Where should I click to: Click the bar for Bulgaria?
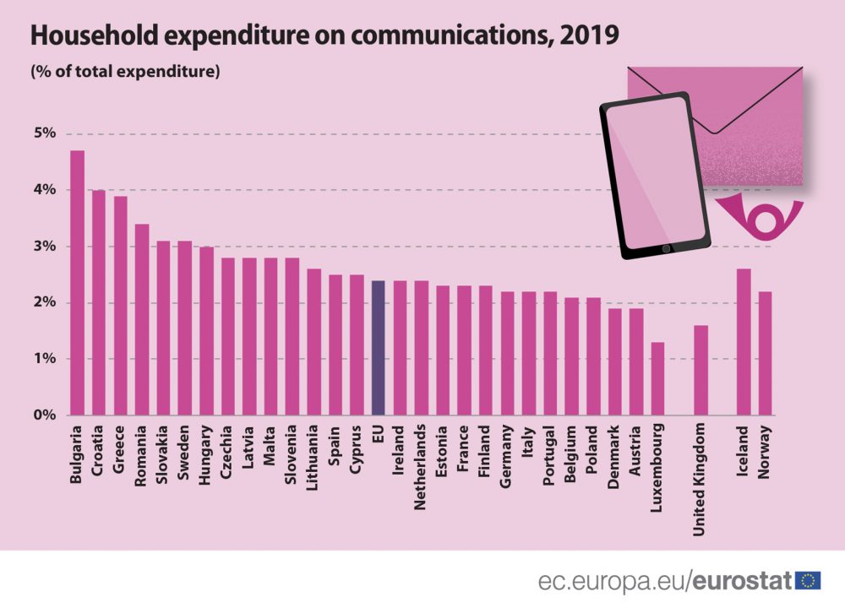(x=77, y=283)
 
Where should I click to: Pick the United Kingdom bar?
(x=701, y=370)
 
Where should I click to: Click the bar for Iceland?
(x=743, y=342)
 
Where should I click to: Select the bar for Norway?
(x=765, y=353)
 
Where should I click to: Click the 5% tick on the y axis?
(x=45, y=133)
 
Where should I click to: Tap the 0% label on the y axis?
(x=45, y=415)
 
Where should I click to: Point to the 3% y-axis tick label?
(x=45, y=247)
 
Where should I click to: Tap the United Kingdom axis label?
(x=700, y=480)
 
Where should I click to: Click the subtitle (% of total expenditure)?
(x=125, y=72)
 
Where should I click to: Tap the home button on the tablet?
(x=666, y=248)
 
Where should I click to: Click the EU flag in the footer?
(x=808, y=580)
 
